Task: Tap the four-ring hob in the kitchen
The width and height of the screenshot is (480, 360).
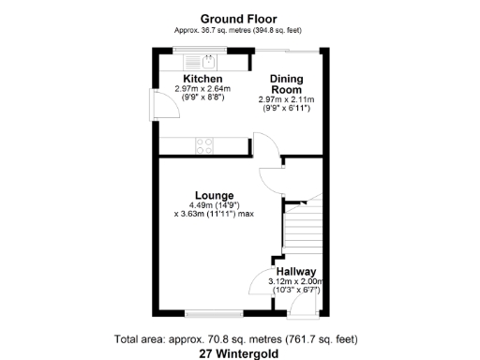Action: (203, 145)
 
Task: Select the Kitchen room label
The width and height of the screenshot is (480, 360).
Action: (202, 79)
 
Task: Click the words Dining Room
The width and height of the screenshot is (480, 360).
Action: (287, 84)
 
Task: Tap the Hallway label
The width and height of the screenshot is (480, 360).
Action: (296, 271)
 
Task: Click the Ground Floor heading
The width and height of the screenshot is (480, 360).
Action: (239, 18)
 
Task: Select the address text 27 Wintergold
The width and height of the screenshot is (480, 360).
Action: (240, 354)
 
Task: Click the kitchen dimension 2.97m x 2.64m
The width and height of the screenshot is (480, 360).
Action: (202, 89)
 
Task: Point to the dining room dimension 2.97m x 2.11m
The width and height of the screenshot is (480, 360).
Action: (287, 99)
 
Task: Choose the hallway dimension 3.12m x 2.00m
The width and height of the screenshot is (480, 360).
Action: (296, 281)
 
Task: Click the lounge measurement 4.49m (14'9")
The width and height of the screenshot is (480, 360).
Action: (215, 204)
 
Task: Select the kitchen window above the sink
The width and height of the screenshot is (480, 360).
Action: (203, 51)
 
